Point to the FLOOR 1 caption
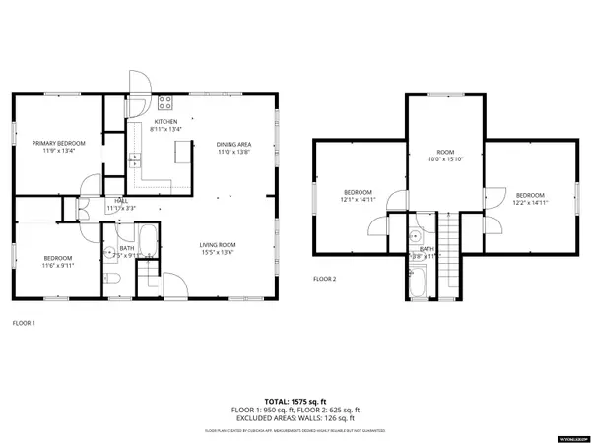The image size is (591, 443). pyautogui.click(x=24, y=323)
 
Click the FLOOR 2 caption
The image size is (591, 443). pyautogui.click(x=325, y=280)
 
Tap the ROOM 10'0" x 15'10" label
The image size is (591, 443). pyautogui.click(x=444, y=156)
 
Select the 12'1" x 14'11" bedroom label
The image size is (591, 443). pyautogui.click(x=358, y=195)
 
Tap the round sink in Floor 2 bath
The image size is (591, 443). pyautogui.click(x=417, y=237)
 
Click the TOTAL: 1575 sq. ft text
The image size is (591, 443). pyautogui.click(x=295, y=401)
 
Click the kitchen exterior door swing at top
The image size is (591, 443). pyautogui.click(x=139, y=83)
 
